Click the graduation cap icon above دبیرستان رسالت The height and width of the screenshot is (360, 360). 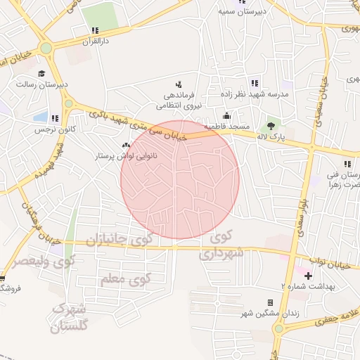coord(41,73)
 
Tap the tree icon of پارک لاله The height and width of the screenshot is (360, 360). coord(271,127)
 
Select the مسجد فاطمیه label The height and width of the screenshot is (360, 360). coord(227,126)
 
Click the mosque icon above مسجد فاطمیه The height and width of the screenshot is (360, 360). coord(226,116)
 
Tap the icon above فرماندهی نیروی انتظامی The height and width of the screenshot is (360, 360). coord(177,84)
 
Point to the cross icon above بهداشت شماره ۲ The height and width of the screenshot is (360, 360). coord(307,275)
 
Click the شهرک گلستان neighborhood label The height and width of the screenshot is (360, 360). coord(70,317)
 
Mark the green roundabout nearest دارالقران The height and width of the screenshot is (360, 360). coord(46,49)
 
